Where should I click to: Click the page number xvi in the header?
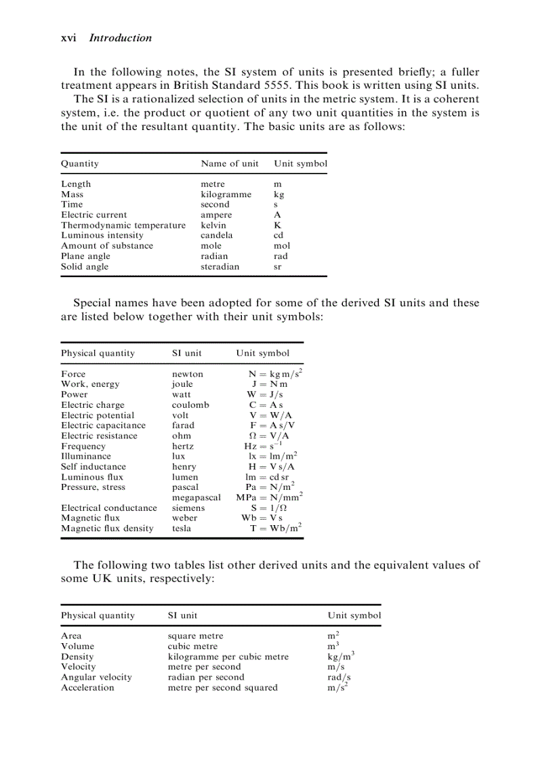(68, 38)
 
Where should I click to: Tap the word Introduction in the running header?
(121, 38)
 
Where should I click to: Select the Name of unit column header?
(230, 163)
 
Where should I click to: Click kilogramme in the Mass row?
(226, 194)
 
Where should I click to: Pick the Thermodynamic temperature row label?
(123, 225)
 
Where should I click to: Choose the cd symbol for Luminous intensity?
(278, 235)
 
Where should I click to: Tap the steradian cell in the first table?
(220, 266)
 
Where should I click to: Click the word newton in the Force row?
(188, 374)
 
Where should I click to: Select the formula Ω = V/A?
(270, 436)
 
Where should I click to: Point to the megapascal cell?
(197, 497)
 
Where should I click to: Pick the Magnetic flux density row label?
(107, 529)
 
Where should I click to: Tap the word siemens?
(189, 508)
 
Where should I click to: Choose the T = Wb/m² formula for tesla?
(274, 528)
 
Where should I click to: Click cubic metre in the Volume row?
(192, 646)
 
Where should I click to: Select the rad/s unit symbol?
(339, 677)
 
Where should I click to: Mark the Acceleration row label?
(87, 688)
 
